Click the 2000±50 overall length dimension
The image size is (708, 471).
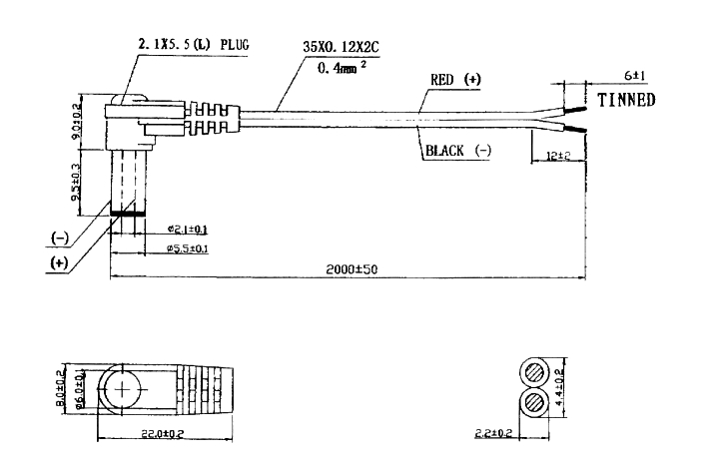[x=349, y=268]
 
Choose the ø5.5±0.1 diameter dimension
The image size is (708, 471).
[x=187, y=247]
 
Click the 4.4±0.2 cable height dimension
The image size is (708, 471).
[x=560, y=385]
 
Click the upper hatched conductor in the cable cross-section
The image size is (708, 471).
[x=533, y=372]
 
